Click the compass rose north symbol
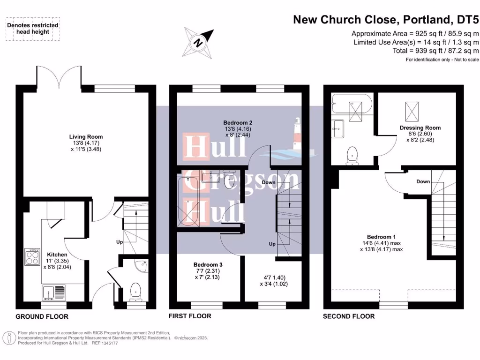pos(199,43)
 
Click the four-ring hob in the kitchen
pos(32,256)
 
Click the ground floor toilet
pos(135,290)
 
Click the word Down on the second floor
pos(423,181)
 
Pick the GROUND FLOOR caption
pos(42,316)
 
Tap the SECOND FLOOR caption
pos(349,316)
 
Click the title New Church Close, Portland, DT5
pos(386,20)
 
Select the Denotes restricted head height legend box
pos(33,29)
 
